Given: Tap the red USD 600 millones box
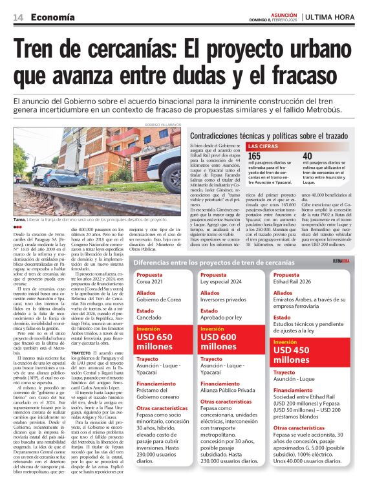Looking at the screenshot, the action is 228,341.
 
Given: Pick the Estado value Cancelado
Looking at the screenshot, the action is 151,318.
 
